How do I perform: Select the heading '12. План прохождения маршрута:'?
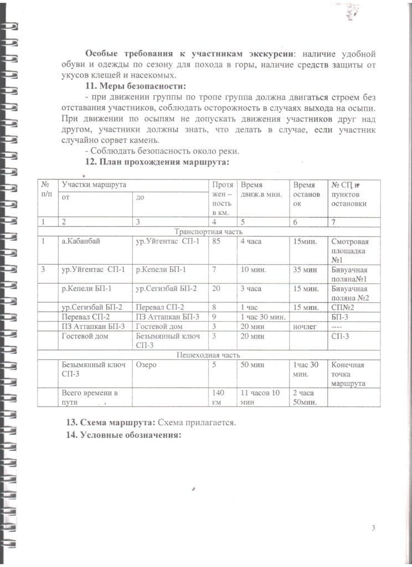[157, 162]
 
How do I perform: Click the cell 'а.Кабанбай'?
[81, 242]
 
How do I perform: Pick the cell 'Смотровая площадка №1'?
[349, 250]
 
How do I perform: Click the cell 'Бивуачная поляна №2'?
[349, 293]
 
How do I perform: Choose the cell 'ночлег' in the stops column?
[305, 327]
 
